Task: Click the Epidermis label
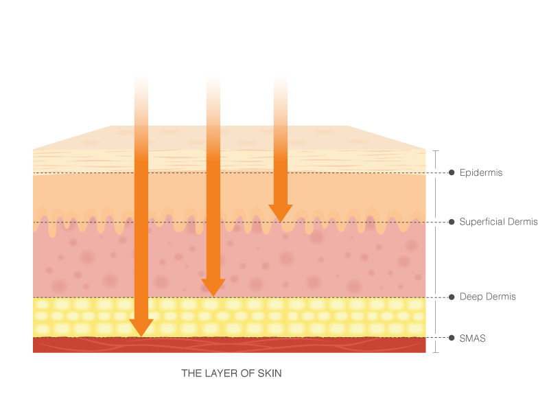coord(481,173)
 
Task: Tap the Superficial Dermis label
coord(498,222)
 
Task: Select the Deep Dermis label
coord(487,297)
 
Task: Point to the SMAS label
coord(472,339)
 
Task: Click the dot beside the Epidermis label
coord(452,172)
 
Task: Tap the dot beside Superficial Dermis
coord(452,222)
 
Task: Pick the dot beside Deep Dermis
coord(452,297)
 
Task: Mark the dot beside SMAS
coord(452,338)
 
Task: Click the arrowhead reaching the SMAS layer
coord(141,327)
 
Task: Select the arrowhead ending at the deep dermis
coord(213,287)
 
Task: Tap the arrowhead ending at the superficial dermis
coord(281,212)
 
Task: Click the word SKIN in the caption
coord(270,374)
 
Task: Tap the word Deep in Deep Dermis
coord(471,297)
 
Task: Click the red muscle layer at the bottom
coord(229,345)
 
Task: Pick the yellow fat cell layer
coord(229,317)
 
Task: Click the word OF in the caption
coord(247,374)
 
